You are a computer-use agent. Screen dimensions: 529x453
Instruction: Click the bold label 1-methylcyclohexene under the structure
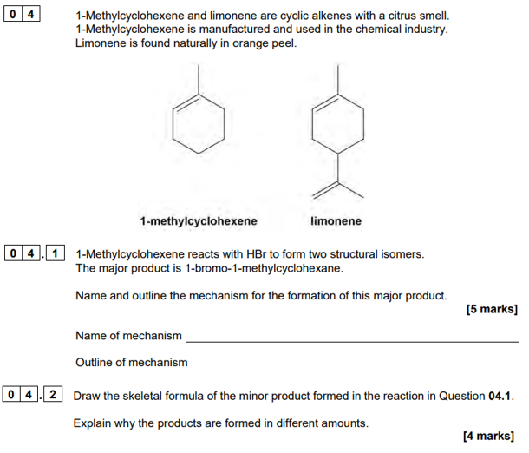[x=199, y=221]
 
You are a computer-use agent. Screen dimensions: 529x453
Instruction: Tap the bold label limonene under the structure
[x=336, y=221]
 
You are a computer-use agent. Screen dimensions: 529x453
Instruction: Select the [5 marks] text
[x=492, y=309]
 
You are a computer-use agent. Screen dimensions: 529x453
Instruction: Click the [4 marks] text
[x=489, y=436]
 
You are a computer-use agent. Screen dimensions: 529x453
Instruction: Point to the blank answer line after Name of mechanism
[x=352, y=342]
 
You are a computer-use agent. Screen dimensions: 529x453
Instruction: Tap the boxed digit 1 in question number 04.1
[x=55, y=253]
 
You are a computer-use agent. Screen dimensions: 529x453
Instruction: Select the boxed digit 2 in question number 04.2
[x=53, y=394]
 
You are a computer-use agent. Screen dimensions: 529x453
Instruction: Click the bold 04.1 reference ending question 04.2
[x=500, y=396]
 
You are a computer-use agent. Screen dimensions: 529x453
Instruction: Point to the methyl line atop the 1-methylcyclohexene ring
[x=199, y=79]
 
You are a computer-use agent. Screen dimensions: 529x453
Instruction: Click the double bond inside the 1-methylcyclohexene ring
[x=186, y=102]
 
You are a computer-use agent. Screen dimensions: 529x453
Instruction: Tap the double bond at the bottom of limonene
[x=325, y=190]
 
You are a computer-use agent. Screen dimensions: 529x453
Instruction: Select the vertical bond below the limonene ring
[x=338, y=168]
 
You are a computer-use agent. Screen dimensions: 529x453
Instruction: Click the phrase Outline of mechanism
[x=132, y=362]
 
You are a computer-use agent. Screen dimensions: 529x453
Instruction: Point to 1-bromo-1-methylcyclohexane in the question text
[x=264, y=268]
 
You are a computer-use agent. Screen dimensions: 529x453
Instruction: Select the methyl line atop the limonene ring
[x=338, y=80]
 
